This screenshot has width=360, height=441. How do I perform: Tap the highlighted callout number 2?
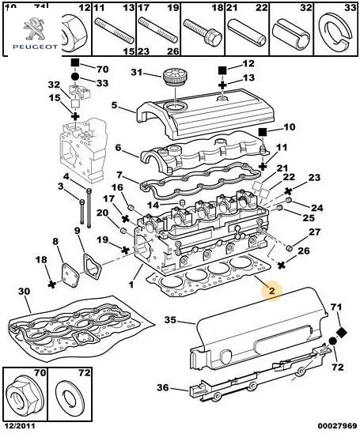tap(271, 291)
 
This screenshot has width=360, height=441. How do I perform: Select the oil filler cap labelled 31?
tap(175, 76)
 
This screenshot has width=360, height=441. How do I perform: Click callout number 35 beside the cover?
tap(171, 320)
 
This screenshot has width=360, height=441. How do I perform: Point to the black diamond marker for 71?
tap(342, 333)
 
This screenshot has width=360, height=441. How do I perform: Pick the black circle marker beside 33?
tap(75, 77)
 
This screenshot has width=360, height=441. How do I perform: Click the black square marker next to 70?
tap(75, 62)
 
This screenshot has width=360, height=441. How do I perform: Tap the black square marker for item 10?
tap(263, 132)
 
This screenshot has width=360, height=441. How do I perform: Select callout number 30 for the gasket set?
tap(24, 292)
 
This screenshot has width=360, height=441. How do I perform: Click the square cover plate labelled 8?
tap(70, 275)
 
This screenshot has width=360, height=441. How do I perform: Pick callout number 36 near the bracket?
tap(163, 387)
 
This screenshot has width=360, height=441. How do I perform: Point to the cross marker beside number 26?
tap(282, 265)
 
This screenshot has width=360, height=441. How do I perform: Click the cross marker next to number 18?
tap(51, 285)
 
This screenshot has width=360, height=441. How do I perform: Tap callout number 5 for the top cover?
tap(114, 105)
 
